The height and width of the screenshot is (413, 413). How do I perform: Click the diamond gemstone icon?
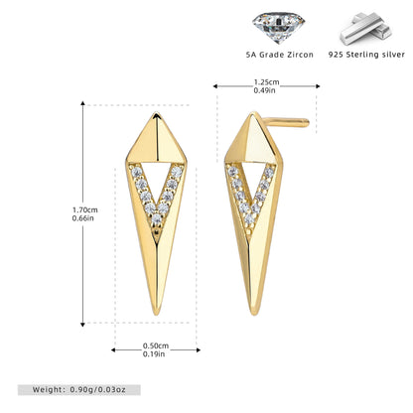(x=278, y=28)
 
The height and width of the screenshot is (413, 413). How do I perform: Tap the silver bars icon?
(x=366, y=29)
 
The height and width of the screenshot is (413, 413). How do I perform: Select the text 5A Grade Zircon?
(x=280, y=55)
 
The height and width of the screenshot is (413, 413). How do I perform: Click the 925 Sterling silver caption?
(x=366, y=55)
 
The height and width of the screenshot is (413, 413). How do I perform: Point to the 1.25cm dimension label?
(x=266, y=82)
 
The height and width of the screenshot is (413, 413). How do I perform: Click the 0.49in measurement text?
(x=264, y=90)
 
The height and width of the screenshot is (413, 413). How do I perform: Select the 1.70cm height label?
(x=85, y=209)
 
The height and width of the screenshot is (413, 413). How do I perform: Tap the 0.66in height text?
(x=83, y=218)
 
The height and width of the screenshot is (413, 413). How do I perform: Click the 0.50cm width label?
(x=156, y=345)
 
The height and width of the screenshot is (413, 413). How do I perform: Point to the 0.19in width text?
(x=154, y=354)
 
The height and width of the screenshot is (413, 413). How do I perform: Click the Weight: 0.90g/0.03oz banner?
(x=79, y=390)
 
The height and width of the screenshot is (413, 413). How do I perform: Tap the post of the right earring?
(x=287, y=122)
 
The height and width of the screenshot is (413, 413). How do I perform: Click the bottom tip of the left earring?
(x=157, y=315)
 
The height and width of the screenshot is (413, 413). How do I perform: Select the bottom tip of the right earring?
(x=254, y=315)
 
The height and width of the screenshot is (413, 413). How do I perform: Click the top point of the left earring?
(x=156, y=113)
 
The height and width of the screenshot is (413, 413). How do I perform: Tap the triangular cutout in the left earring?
(x=157, y=177)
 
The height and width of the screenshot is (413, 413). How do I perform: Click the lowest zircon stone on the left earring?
(x=157, y=218)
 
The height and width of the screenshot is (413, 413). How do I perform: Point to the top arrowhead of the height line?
(x=82, y=103)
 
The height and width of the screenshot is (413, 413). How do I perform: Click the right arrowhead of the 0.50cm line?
(x=199, y=350)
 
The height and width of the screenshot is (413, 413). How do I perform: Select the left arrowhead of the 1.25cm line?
(x=215, y=86)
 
